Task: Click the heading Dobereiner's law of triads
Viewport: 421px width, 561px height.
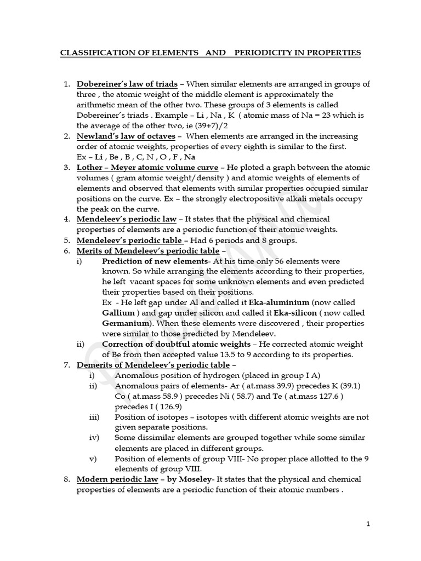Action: point(127,84)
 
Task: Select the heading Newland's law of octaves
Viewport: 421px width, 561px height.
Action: point(126,136)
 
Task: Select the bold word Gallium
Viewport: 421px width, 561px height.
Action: point(118,313)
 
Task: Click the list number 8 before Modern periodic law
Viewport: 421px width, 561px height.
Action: point(66,479)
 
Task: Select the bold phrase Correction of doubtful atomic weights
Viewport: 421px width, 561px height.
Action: point(175,344)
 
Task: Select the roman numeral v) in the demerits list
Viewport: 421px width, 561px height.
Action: point(93,459)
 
